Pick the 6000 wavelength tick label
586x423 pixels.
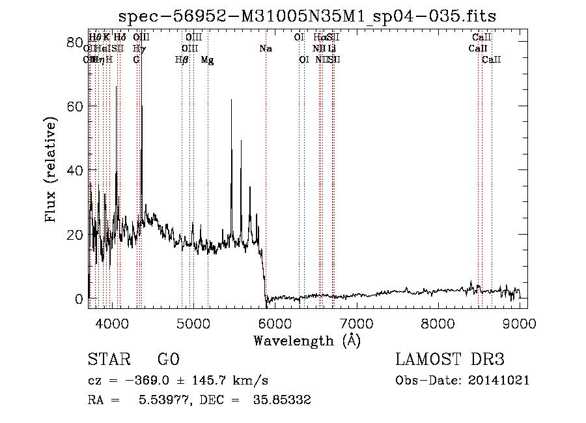(x=275, y=322)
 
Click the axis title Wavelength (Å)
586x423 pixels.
(x=307, y=340)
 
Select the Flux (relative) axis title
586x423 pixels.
(x=52, y=169)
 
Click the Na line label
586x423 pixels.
(x=266, y=49)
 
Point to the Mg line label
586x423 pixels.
(x=207, y=60)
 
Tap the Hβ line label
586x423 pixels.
(x=182, y=60)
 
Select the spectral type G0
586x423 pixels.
(x=168, y=360)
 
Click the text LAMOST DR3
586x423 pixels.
(x=450, y=360)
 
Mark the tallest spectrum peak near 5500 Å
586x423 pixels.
(x=231, y=100)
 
